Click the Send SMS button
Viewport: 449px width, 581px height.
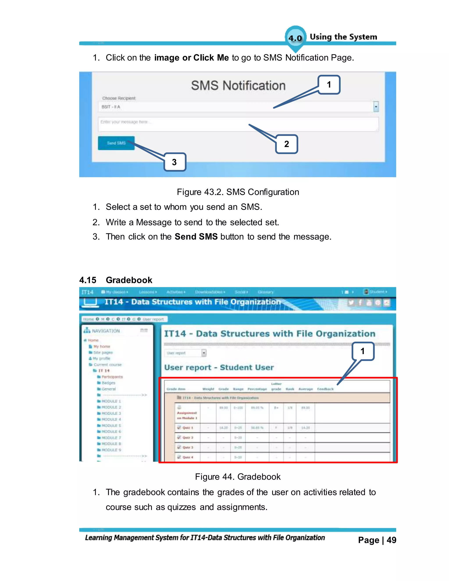click(x=116, y=143)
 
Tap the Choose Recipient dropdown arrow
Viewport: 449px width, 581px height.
click(x=376, y=107)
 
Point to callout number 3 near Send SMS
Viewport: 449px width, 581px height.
click(x=175, y=162)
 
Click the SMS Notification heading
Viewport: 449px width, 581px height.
click(x=238, y=86)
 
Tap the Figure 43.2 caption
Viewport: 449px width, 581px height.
click(x=238, y=192)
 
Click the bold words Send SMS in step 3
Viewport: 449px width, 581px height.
click(x=196, y=237)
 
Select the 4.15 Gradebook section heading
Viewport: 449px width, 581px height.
click(x=116, y=280)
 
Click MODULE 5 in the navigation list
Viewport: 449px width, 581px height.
click(x=111, y=425)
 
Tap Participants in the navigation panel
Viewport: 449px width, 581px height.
click(x=112, y=377)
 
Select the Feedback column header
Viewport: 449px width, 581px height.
click(x=325, y=389)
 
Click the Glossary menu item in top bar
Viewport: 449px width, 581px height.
click(x=265, y=292)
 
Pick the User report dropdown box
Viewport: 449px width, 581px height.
click(x=185, y=353)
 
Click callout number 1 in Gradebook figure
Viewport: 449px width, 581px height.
click(x=363, y=351)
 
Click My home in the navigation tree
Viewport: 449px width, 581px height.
click(x=102, y=346)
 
